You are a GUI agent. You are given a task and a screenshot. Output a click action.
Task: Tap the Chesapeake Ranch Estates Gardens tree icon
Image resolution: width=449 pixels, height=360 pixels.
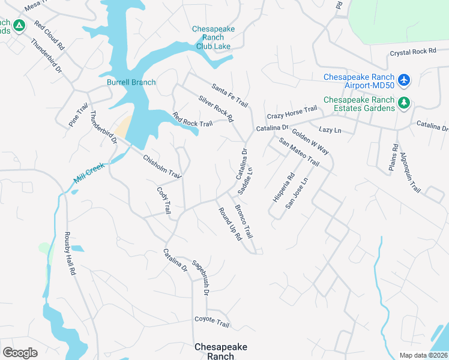(405, 103)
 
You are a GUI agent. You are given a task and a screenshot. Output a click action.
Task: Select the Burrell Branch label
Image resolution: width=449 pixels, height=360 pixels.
(131, 82)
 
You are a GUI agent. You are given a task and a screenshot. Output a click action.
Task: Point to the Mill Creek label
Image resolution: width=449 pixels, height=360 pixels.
(89, 173)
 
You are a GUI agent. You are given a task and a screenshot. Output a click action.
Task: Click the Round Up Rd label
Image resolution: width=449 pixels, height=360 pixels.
(229, 224)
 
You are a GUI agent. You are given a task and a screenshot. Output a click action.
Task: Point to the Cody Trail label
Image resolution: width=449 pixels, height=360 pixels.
(163, 200)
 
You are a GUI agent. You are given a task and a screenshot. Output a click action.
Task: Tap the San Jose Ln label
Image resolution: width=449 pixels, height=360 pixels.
(297, 193)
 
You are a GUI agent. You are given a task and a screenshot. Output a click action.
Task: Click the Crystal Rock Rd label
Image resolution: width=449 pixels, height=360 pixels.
(413, 52)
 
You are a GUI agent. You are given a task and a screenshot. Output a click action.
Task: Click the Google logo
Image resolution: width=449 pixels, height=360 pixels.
(20, 353)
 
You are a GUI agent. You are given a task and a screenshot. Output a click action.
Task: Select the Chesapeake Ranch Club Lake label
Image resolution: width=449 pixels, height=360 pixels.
(213, 37)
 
